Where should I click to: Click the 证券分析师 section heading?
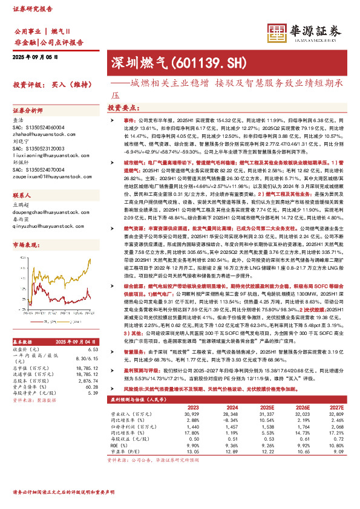click(x=28, y=111)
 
